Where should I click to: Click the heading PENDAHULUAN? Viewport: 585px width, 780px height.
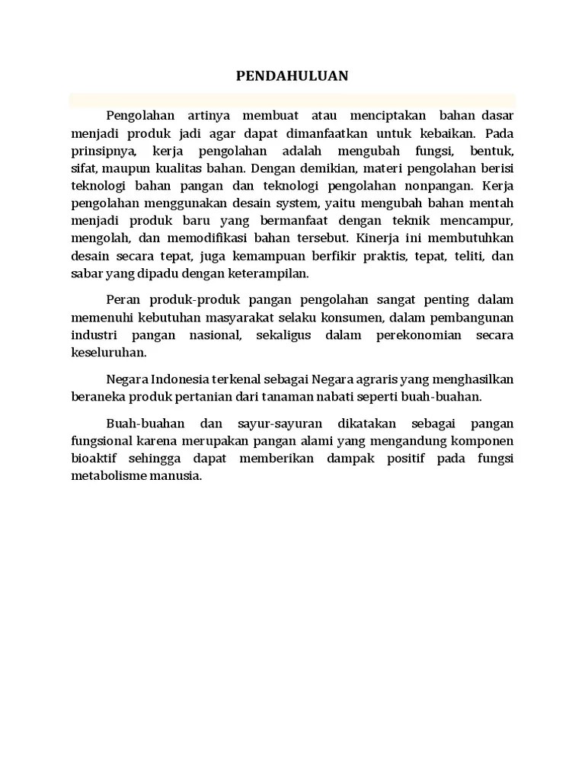pos(292,75)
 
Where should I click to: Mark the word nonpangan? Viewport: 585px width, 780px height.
pos(440,185)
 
